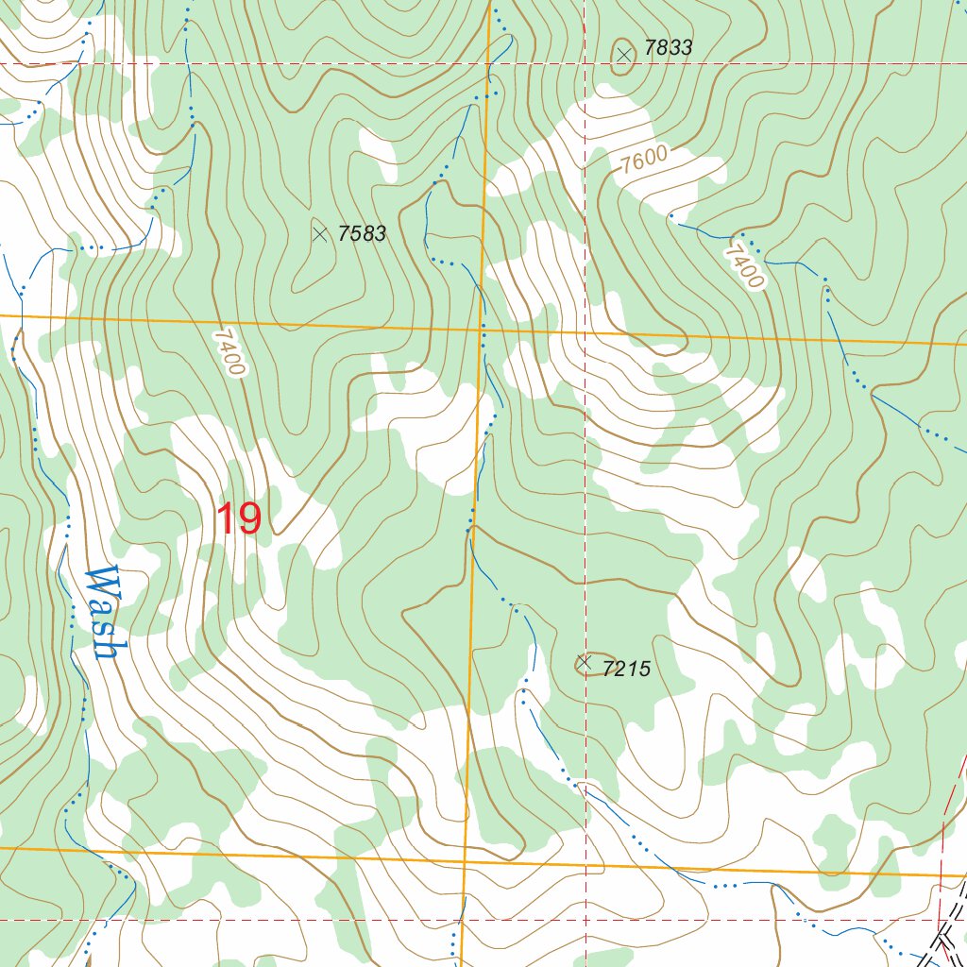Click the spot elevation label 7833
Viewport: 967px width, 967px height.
[x=668, y=47]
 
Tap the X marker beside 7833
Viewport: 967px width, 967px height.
[x=623, y=55]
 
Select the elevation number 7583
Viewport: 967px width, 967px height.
[x=362, y=233]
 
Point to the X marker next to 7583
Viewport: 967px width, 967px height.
[x=320, y=233]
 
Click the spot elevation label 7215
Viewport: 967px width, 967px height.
[x=626, y=670]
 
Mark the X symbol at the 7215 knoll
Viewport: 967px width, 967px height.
[x=585, y=662]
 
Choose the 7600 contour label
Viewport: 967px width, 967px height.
[x=645, y=160]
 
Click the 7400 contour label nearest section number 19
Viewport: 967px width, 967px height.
[x=229, y=351]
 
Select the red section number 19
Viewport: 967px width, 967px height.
[x=239, y=519]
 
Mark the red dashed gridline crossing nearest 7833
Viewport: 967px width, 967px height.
[x=585, y=64]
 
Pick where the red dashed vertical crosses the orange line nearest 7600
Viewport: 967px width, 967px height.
[x=585, y=333]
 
